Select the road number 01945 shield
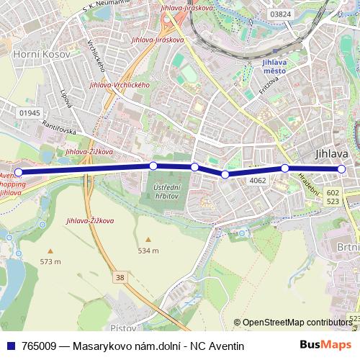point(30,113)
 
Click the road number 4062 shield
point(258,181)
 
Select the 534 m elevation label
point(148,250)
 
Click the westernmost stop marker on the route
point(19,172)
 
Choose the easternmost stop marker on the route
point(341,169)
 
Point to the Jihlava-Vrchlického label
point(119,85)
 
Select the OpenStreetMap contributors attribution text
point(297,322)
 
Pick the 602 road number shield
point(332,193)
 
